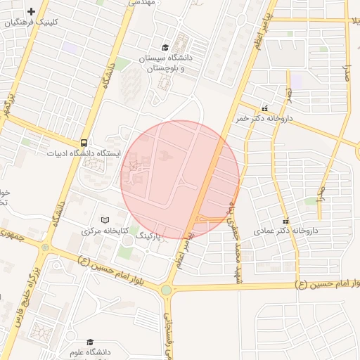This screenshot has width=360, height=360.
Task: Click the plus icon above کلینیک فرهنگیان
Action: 32,12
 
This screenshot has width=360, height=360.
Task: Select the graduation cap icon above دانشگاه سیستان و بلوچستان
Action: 165,47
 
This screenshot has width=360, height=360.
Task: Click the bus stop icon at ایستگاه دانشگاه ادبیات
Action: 84,141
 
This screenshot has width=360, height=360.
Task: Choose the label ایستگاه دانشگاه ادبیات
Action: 84,153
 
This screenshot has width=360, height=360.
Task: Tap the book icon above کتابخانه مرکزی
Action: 105,220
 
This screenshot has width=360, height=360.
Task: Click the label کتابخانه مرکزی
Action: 105,231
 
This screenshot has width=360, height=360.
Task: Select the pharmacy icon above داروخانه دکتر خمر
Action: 265,109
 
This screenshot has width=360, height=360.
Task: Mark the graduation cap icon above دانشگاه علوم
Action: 89,341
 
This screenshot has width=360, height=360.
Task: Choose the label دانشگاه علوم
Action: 89,351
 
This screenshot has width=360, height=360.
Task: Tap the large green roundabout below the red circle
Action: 166,290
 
